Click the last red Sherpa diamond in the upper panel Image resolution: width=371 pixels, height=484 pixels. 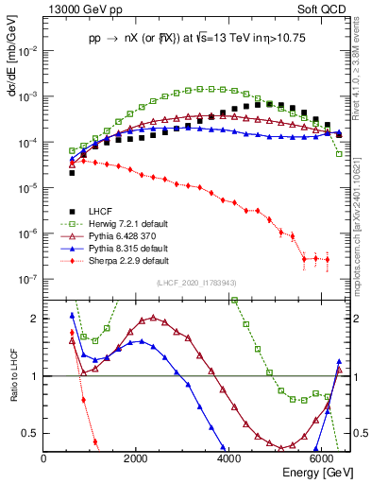point(327,259)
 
